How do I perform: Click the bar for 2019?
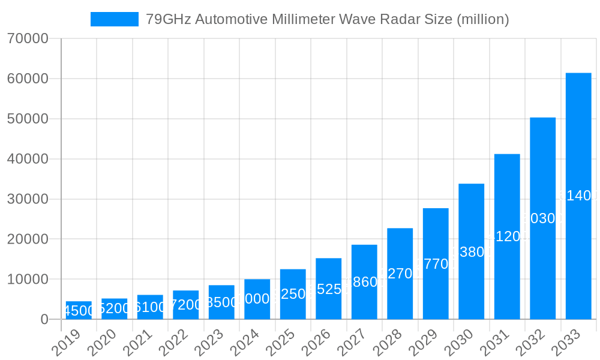pyautogui.click(x=79, y=310)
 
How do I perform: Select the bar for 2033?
pyautogui.click(x=578, y=196)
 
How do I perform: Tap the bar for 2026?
pyautogui.click(x=329, y=289)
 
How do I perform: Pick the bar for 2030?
pyautogui.click(x=472, y=251)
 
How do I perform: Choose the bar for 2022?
pyautogui.click(x=186, y=305)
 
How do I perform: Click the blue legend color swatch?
pyautogui.click(x=114, y=19)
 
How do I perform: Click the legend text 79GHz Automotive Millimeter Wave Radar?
pyautogui.click(x=328, y=19)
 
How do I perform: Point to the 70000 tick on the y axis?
pyautogui.click(x=28, y=39)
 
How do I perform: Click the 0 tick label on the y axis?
pyautogui.click(x=44, y=320)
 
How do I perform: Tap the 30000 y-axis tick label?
pyautogui.click(x=28, y=199)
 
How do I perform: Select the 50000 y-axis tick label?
pyautogui.click(x=28, y=119)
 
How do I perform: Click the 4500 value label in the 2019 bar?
pyautogui.click(x=79, y=311)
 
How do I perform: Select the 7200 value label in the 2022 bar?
pyautogui.click(x=186, y=305)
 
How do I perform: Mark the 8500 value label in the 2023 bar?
pyautogui.click(x=221, y=302)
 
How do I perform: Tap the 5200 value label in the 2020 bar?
pyautogui.click(x=114, y=309)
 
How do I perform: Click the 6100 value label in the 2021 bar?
pyautogui.click(x=150, y=307)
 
